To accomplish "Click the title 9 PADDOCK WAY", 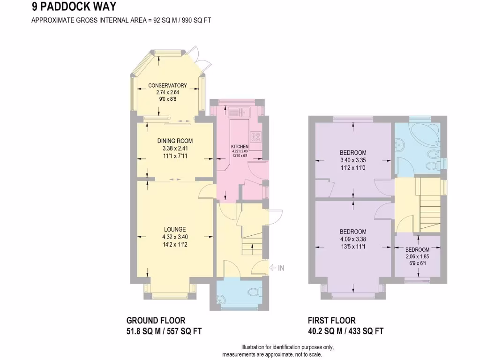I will click(x=74, y=7).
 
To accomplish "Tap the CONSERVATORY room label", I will click(x=167, y=85).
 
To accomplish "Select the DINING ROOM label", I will click(x=174, y=141).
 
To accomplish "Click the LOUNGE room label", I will click(x=174, y=229).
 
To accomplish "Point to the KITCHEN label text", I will click(x=240, y=147).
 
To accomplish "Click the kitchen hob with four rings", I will click(x=256, y=137).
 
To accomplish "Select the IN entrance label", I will click(x=281, y=268).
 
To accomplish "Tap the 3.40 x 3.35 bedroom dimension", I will click(x=352, y=160).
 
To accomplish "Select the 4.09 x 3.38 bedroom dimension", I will click(x=352, y=240).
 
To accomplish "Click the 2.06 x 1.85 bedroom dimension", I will click(x=417, y=257).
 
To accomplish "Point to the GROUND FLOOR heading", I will click(x=156, y=321).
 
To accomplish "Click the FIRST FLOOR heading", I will click(x=331, y=321).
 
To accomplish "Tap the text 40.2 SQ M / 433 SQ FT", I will click(x=345, y=331).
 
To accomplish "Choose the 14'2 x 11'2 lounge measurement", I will click(x=174, y=244).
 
